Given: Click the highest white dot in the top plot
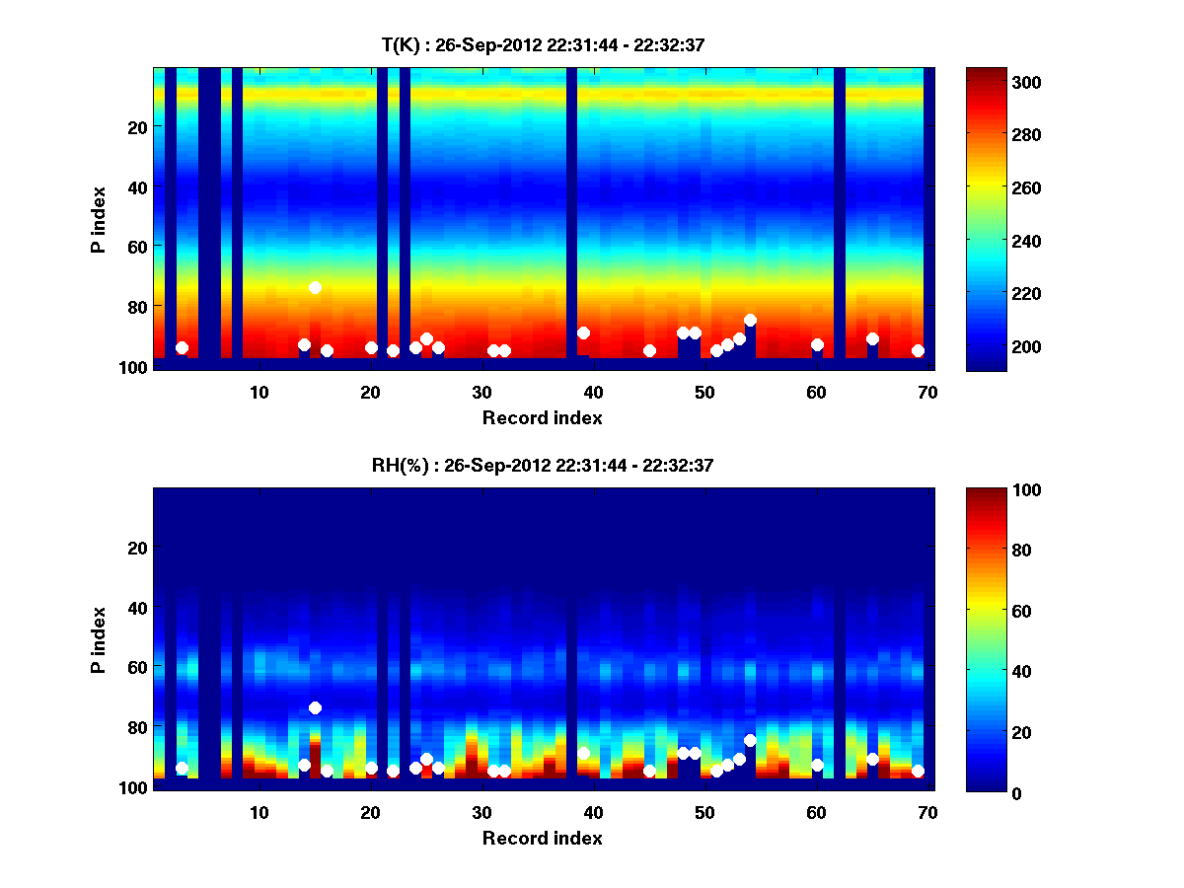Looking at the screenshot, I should [x=315, y=287].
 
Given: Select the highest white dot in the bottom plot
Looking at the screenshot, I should [x=315, y=707].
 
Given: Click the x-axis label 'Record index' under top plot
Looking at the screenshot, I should [x=542, y=417].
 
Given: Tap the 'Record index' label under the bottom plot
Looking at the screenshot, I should [x=542, y=838].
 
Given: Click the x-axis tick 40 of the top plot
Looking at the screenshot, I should [x=593, y=391].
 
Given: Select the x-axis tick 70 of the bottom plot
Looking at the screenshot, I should [x=926, y=812].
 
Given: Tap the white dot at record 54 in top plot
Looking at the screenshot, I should [x=750, y=320].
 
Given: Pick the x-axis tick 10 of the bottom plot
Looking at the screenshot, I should [x=259, y=812].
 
